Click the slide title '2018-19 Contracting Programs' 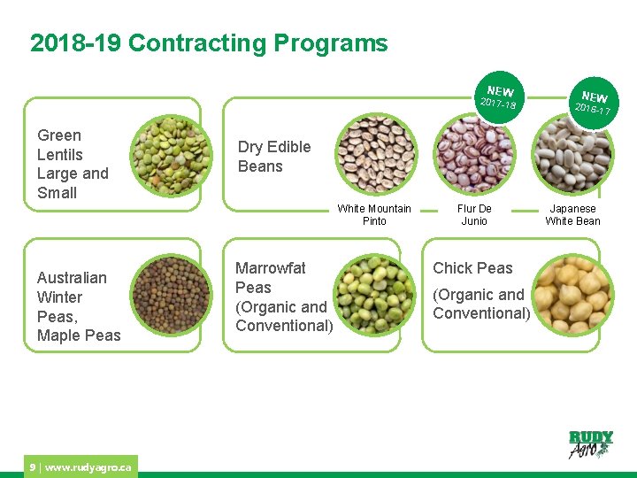[x=209, y=43]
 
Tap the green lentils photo [x=172, y=156]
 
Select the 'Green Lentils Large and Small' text [x=73, y=164]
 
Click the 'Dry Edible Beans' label [x=274, y=157]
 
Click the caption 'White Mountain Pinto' [x=374, y=215]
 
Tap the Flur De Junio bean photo [x=476, y=156]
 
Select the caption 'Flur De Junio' [x=474, y=215]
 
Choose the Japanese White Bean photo [x=572, y=156]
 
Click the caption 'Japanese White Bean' [x=572, y=215]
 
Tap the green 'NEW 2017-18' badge [x=498, y=97]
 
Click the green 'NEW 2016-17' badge [x=593, y=102]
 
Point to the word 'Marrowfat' [x=270, y=267]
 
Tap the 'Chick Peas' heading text [x=472, y=268]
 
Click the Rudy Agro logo [x=590, y=443]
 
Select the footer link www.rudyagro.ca [x=88, y=466]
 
